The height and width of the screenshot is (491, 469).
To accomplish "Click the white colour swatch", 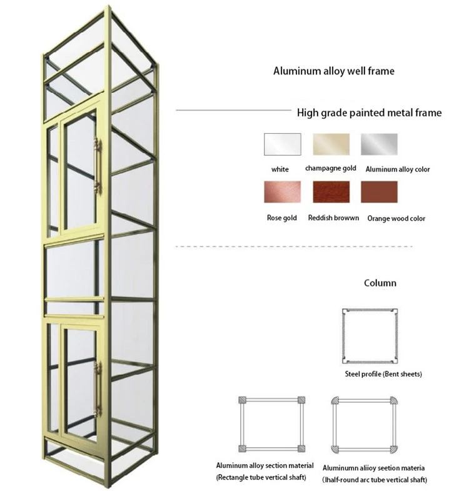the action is (283, 144).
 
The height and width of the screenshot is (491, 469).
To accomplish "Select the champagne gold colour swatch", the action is (331, 144).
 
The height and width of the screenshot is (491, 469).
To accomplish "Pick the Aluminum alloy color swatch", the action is (379, 144).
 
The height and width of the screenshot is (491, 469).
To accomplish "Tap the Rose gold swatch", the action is (283, 191).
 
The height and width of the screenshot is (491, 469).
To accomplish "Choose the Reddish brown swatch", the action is (331, 191).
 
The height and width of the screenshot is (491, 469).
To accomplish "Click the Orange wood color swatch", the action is (379, 191).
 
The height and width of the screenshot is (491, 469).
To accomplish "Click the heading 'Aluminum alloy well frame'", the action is (334, 71).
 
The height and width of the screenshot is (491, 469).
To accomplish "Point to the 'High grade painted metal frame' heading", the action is (369, 113).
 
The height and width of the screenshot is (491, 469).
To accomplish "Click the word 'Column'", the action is (380, 283).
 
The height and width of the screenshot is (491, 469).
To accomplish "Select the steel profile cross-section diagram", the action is (343, 336).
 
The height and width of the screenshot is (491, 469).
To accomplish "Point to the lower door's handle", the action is (98, 388).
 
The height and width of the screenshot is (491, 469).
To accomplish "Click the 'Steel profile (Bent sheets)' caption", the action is (383, 374).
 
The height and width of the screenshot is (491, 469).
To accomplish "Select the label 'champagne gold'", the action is (331, 168).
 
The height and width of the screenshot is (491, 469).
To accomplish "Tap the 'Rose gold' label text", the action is (282, 218).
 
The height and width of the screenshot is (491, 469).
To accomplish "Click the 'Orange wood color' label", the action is (396, 218).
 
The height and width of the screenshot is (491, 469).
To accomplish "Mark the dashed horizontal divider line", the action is (294, 247).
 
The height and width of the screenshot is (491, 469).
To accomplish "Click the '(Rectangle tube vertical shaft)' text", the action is (261, 477).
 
